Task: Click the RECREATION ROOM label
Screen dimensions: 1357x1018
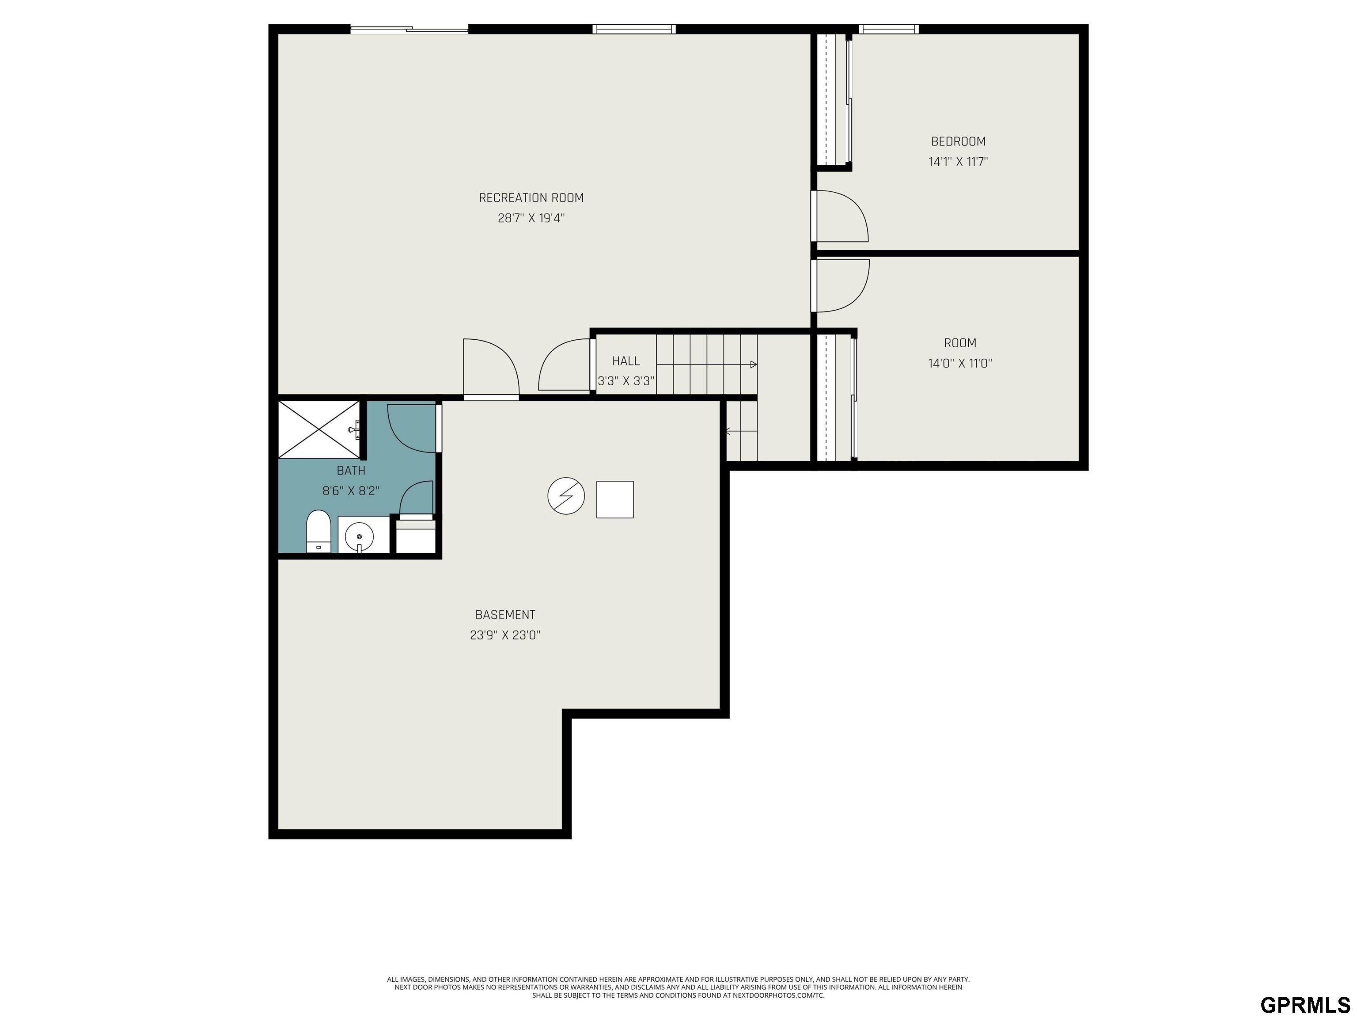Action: click(531, 198)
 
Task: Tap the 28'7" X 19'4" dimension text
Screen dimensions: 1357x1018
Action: click(531, 218)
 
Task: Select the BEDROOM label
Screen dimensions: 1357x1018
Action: click(958, 141)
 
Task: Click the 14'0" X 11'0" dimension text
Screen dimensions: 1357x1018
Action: click(960, 363)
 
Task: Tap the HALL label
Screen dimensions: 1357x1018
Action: click(626, 361)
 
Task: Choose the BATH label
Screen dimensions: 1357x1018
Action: click(351, 471)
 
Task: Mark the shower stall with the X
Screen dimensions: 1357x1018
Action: click(319, 429)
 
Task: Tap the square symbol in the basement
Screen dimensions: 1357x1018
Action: click(615, 499)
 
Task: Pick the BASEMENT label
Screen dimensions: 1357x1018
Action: click(505, 615)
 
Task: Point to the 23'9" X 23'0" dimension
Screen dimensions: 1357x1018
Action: click(505, 635)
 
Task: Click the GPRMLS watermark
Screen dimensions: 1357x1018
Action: click(1305, 1004)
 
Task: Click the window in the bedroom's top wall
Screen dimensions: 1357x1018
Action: click(888, 29)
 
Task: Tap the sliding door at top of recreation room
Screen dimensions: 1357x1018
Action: click(409, 29)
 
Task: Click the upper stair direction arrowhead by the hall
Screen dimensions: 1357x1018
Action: click(753, 365)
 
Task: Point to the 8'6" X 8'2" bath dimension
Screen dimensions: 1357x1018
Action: click(351, 491)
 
